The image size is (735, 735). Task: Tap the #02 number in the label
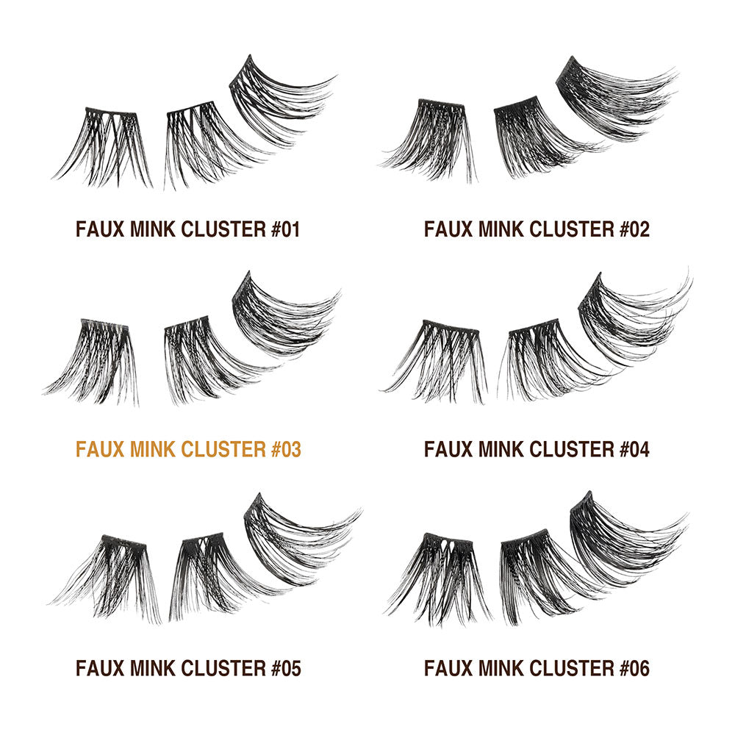635,229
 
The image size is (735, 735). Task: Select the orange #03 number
286,449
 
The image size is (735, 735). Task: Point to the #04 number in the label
635,449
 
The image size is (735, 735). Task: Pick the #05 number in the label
286,668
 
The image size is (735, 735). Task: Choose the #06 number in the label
635,668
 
